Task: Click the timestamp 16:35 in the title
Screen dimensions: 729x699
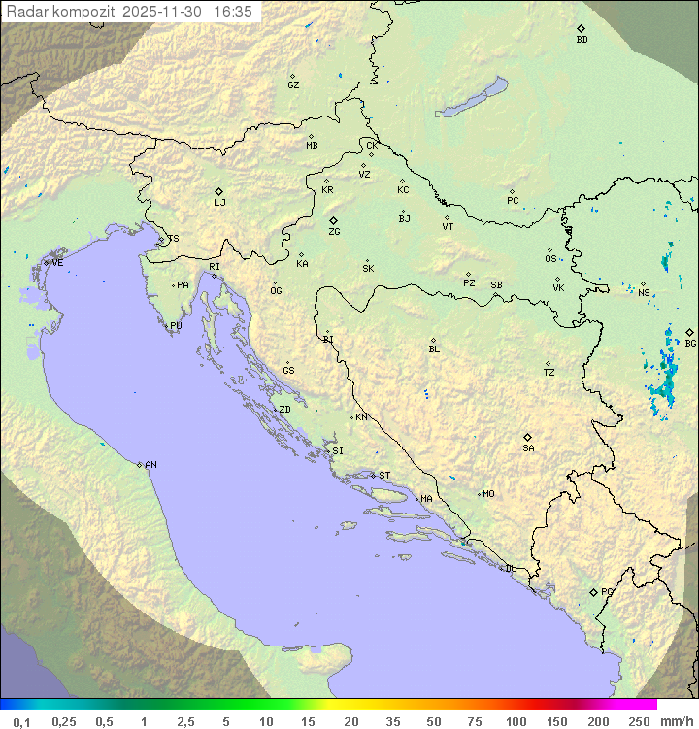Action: pos(233,11)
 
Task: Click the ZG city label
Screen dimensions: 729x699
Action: pos(334,232)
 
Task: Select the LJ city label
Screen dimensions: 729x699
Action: pos(219,203)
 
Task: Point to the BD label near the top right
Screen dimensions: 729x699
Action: pos(582,40)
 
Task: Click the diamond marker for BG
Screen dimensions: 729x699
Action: pos(689,332)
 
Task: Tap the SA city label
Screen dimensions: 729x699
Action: pos(528,448)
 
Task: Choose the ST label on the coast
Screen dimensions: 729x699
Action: pos(384,476)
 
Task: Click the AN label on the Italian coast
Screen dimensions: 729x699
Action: pos(150,465)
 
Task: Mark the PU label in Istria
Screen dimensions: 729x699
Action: pos(176,326)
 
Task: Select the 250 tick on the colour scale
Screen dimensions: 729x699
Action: pos(639,721)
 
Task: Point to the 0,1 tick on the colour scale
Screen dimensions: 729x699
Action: pos(22,721)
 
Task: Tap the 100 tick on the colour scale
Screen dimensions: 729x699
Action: pos(516,721)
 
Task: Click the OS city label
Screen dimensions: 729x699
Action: pos(550,259)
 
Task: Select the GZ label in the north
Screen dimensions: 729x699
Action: pos(293,85)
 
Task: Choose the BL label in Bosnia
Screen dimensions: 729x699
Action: pos(434,348)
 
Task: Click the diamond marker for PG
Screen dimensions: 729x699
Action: pos(593,591)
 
